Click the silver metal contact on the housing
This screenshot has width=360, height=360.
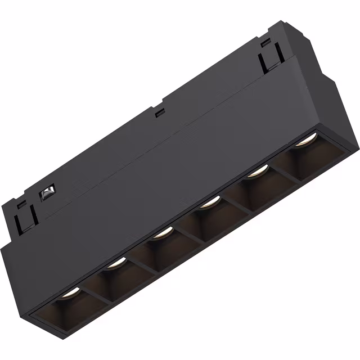click(x=47, y=195)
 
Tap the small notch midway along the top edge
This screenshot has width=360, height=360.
click(x=160, y=112)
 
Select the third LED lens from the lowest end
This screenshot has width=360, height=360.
click(x=161, y=231)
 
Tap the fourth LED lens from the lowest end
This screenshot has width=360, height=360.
click(x=209, y=201)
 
